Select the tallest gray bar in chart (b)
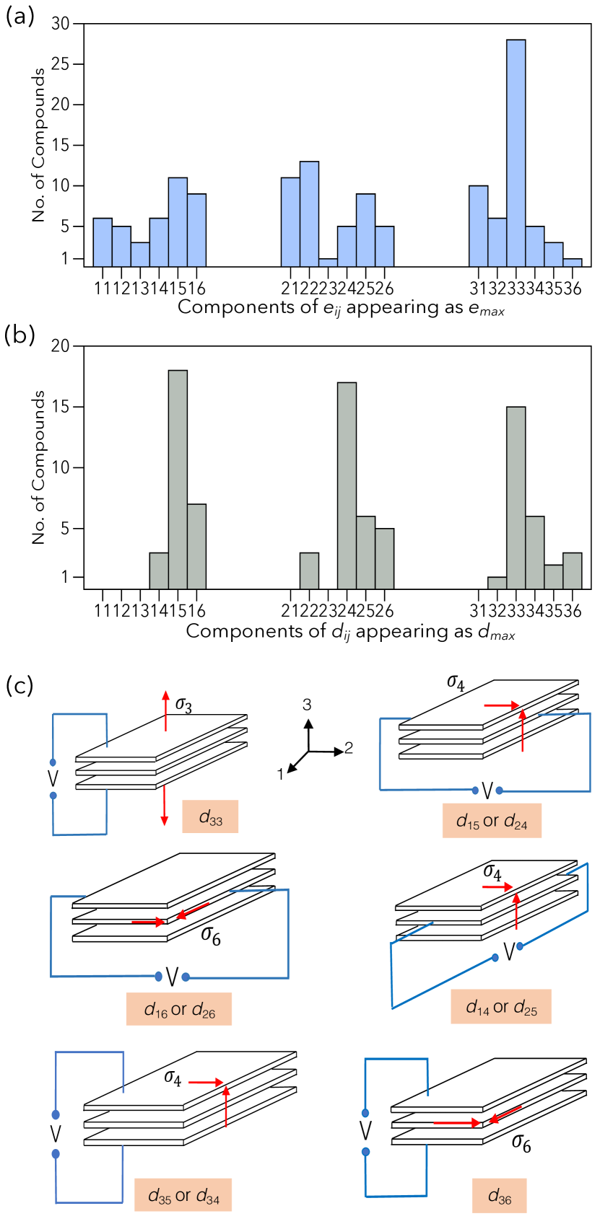coord(178,479)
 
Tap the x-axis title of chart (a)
coord(341,307)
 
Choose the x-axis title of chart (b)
coord(350,632)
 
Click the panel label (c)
coord(19,685)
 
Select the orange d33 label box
coord(210,816)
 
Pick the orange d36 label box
coord(500,1195)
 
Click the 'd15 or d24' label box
coord(492,821)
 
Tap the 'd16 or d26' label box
coord(179,1009)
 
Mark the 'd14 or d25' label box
coord(501,1006)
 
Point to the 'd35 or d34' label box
coord(183,1195)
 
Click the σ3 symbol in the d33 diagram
coord(184,704)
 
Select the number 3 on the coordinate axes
coord(307,705)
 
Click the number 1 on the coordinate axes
coord(280,774)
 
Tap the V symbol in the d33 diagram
coord(53,779)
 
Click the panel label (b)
coord(19,335)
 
